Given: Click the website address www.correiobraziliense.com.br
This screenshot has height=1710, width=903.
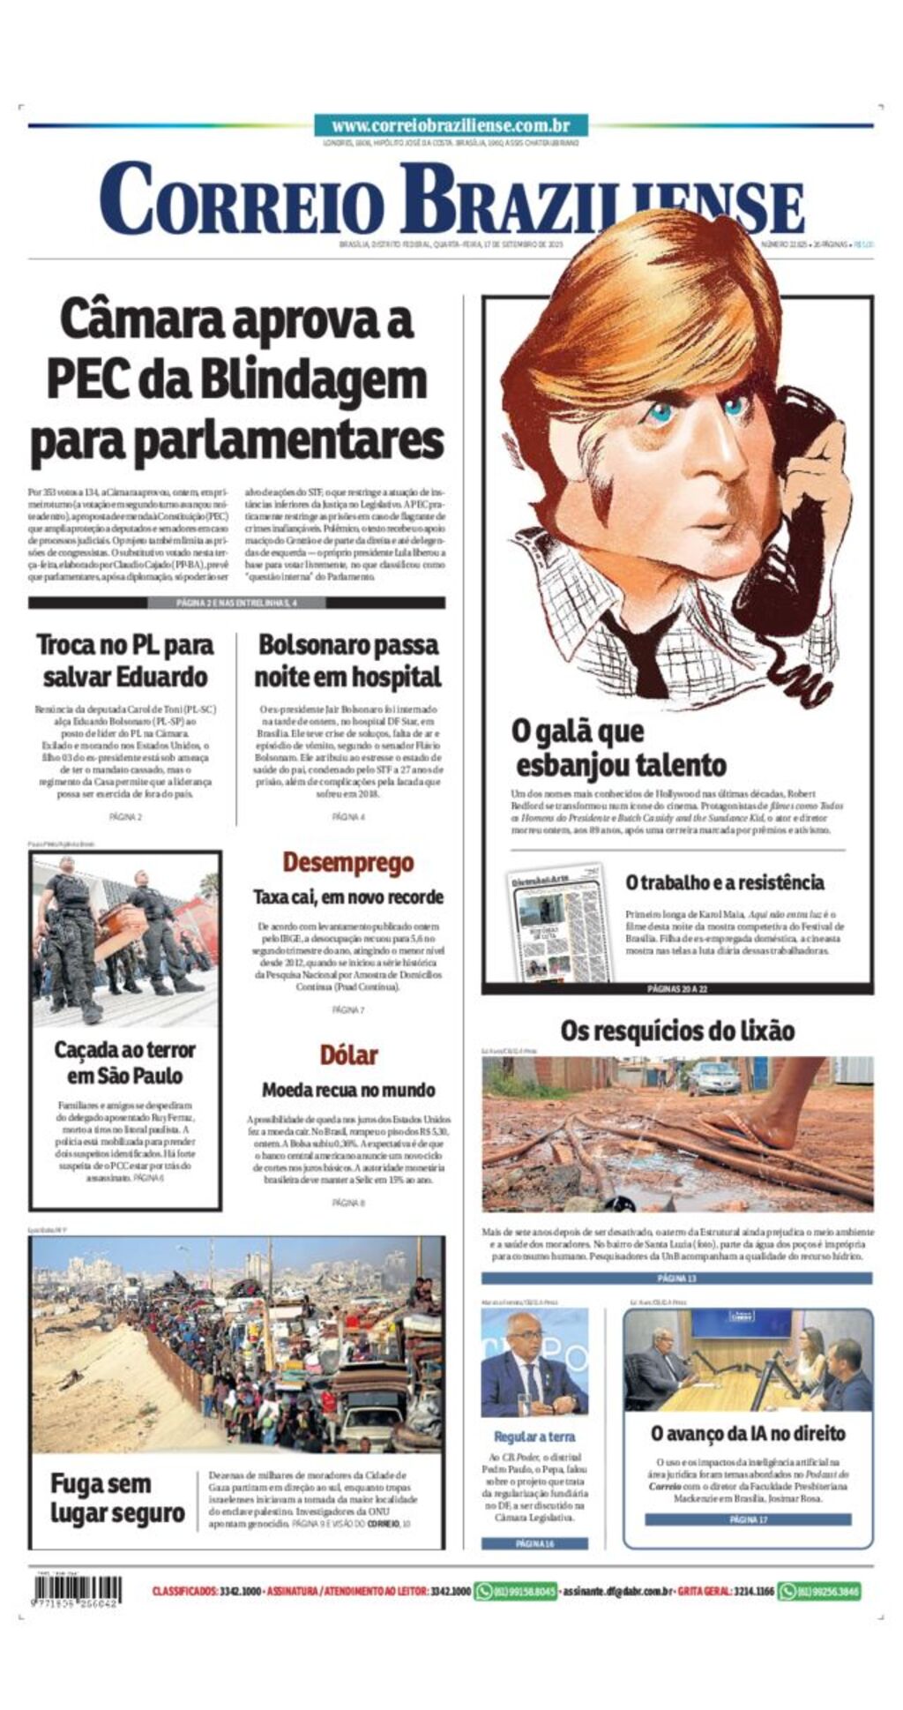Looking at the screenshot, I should (x=451, y=126).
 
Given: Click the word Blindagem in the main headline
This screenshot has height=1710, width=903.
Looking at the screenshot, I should (x=313, y=379).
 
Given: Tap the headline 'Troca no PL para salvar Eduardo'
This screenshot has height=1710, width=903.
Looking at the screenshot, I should (x=125, y=661).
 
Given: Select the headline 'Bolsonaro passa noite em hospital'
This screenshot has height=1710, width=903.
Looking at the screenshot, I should (x=348, y=661).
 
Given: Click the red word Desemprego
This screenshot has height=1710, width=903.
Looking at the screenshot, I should (x=348, y=862).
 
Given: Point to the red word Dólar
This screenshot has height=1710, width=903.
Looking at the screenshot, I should (x=348, y=1054).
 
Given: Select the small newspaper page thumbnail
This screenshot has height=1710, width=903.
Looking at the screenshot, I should (x=559, y=924).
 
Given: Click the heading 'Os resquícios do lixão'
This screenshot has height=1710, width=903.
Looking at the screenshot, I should (x=677, y=1031).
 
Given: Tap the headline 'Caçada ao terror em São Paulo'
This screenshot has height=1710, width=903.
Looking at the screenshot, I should (x=125, y=1062).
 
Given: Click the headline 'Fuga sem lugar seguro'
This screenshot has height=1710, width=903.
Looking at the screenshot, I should (x=116, y=1498).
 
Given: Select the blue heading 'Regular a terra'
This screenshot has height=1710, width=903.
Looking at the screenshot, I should (x=534, y=1436).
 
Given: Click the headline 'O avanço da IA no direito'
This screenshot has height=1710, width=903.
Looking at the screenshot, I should (x=748, y=1434).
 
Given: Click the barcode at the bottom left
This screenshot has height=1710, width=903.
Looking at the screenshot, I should (x=76, y=1591).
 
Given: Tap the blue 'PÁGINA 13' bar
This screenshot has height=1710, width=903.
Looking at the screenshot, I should (x=676, y=1278).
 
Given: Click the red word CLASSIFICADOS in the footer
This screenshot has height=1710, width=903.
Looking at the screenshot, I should (x=184, y=1591).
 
